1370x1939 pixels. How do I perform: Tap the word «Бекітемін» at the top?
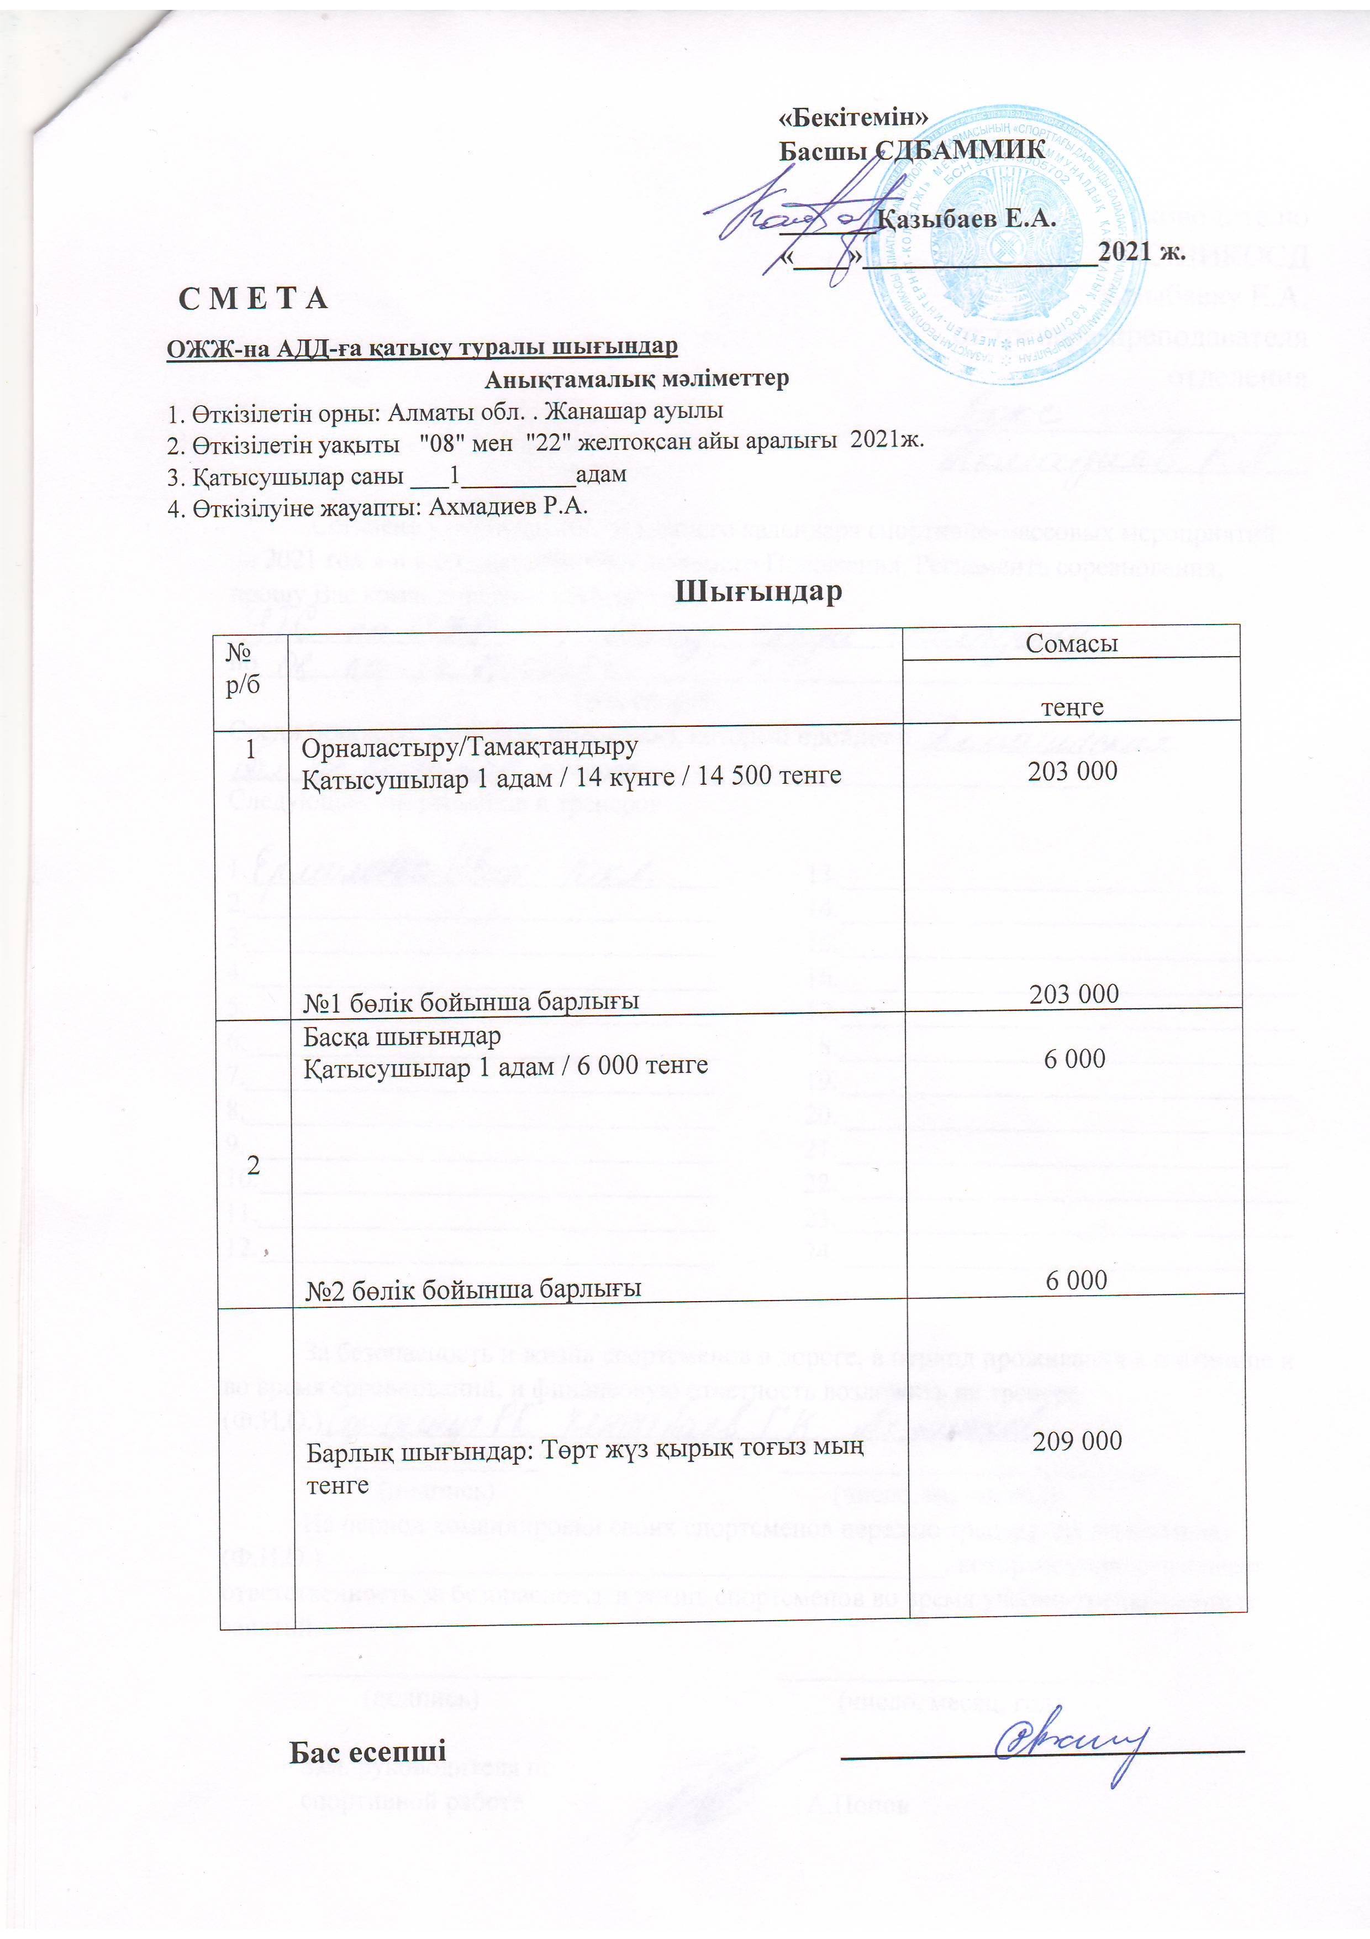pyautogui.click(x=852, y=118)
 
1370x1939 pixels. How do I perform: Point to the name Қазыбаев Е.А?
pyautogui.click(x=967, y=219)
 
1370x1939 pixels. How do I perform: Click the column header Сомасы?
pyautogui.click(x=1071, y=643)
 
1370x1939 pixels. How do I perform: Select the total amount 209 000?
pyautogui.click(x=1077, y=1440)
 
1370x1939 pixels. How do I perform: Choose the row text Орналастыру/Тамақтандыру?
pyautogui.click(x=470, y=747)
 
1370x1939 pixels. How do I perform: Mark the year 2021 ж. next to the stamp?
pyautogui.click(x=1141, y=251)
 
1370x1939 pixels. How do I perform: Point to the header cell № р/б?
pyautogui.click(x=243, y=667)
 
